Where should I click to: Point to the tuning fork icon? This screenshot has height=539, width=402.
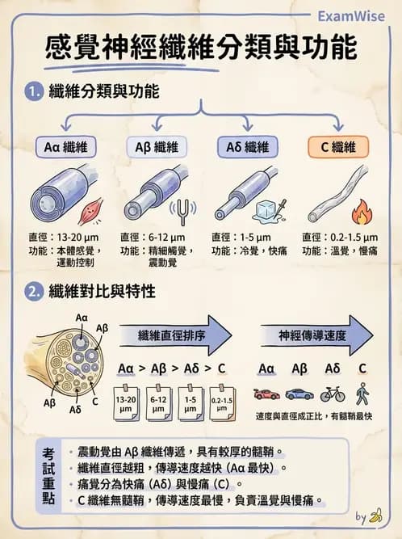click(183, 212)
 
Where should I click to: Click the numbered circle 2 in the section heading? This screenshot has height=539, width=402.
click(33, 292)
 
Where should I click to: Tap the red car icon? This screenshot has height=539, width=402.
click(266, 394)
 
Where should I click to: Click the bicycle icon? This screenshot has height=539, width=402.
click(332, 394)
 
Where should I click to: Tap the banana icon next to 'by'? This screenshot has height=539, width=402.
click(375, 516)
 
